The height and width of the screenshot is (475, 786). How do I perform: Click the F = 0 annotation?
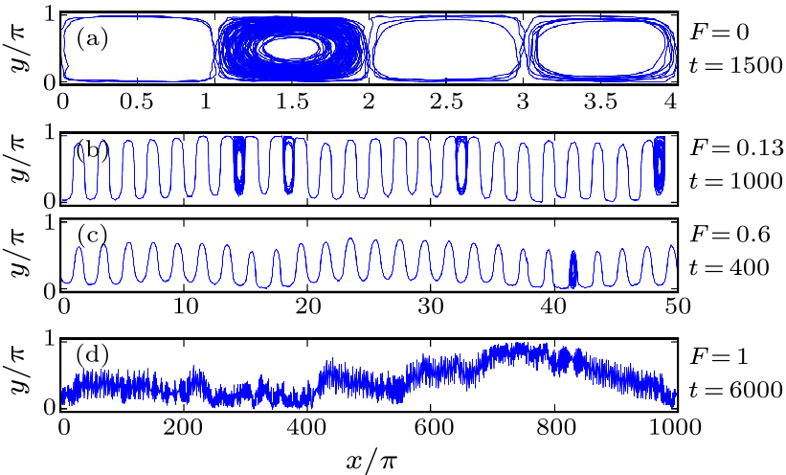click(716, 31)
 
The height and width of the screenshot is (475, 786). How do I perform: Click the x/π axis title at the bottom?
click(370, 458)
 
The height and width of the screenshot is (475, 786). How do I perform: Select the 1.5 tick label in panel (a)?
click(293, 101)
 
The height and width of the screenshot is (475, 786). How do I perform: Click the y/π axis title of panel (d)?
click(19, 375)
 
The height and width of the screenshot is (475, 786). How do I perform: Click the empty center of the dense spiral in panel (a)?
click(293, 46)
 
